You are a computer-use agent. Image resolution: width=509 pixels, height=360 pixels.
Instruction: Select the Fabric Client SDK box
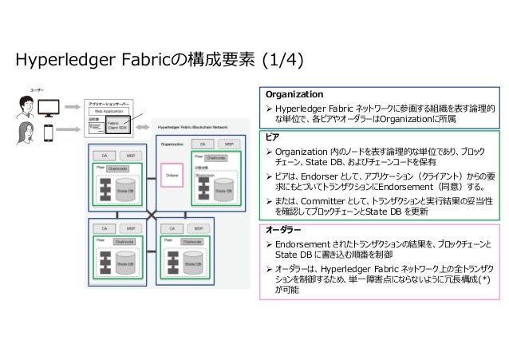117,126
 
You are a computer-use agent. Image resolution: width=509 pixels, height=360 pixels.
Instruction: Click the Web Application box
110,112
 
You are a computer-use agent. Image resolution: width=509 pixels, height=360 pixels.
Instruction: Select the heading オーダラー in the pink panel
284,228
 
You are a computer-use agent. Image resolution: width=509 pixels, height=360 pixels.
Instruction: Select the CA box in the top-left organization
102,153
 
